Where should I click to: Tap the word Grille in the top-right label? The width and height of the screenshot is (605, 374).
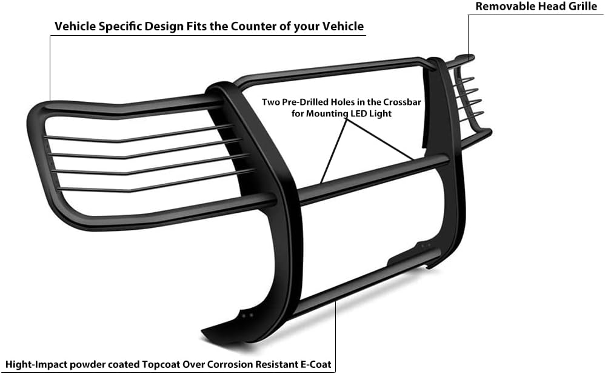pos(578,7)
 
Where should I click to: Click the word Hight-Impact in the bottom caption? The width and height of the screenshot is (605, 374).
pos(36,365)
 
